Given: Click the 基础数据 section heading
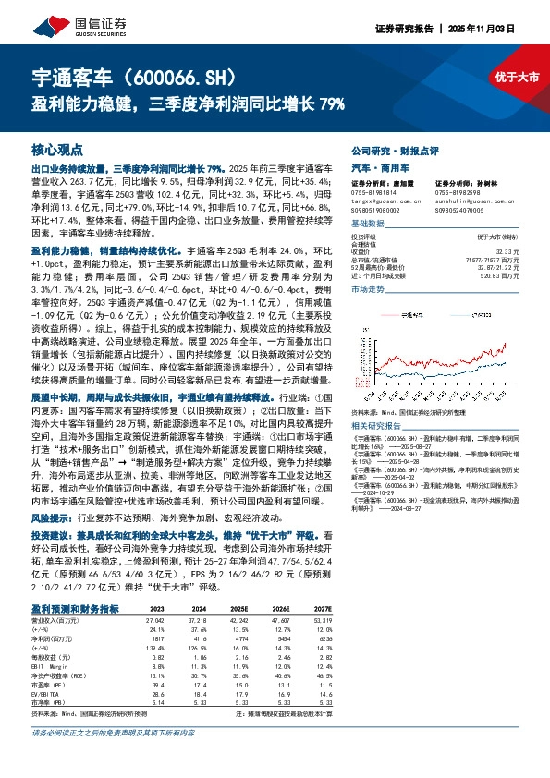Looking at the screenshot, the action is (367, 223).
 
